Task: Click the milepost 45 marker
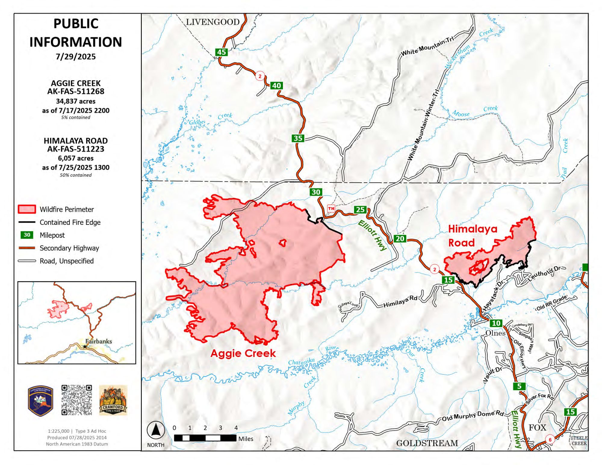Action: click(x=221, y=52)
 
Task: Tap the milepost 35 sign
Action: click(x=298, y=138)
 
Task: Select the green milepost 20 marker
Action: click(x=400, y=239)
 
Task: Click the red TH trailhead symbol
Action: click(x=331, y=208)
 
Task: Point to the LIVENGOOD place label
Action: click(x=213, y=22)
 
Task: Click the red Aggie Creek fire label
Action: click(x=243, y=353)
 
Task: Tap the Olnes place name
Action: click(x=495, y=333)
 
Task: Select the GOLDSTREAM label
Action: click(x=427, y=443)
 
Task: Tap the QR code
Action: click(x=76, y=400)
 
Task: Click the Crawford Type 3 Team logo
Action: click(x=113, y=400)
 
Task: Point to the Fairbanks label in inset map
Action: click(x=98, y=341)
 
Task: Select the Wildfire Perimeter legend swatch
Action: click(x=27, y=209)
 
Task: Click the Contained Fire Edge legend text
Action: click(x=70, y=222)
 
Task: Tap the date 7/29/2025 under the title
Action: click(x=76, y=57)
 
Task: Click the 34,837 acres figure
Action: click(x=76, y=101)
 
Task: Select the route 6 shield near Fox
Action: click(x=550, y=440)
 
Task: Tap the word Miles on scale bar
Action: click(x=246, y=439)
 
